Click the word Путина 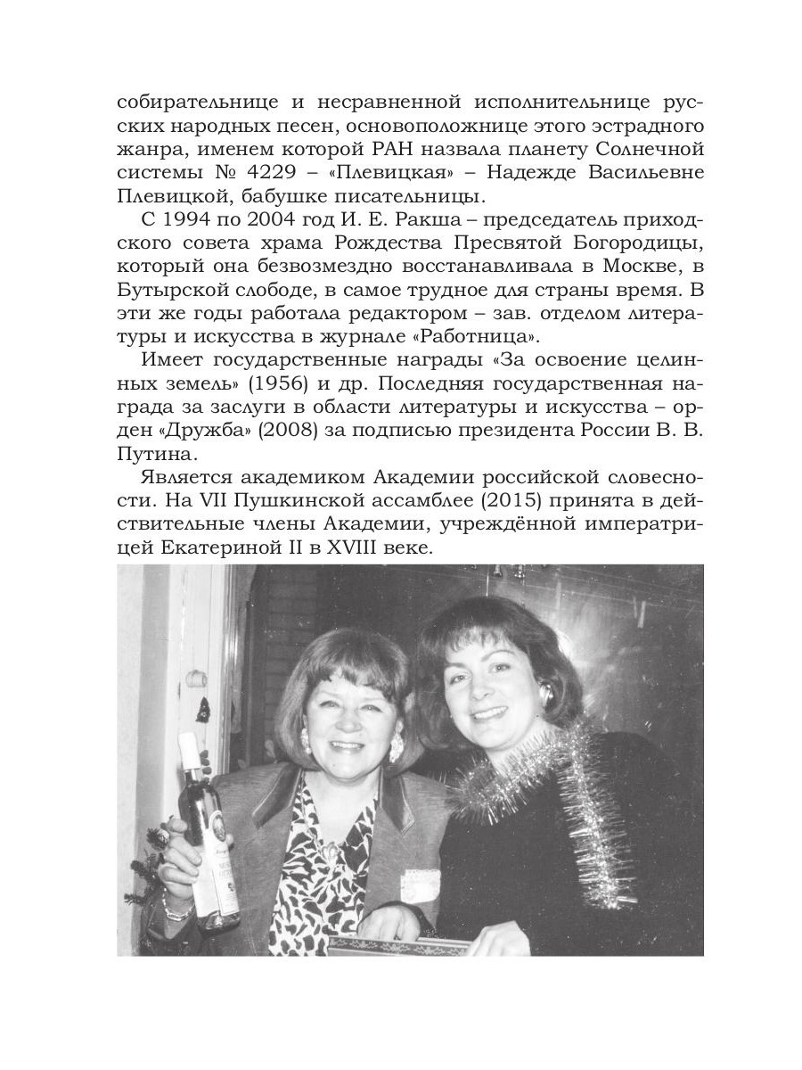point(149,465)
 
